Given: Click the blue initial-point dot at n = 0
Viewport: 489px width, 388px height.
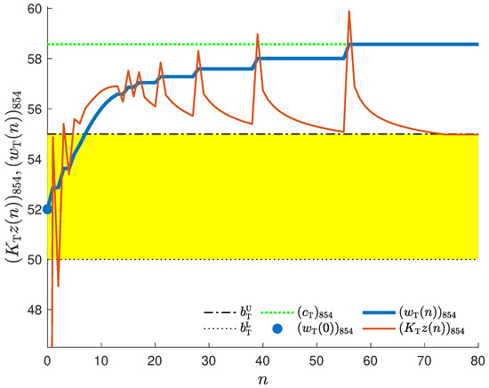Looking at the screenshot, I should click(47, 209).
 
